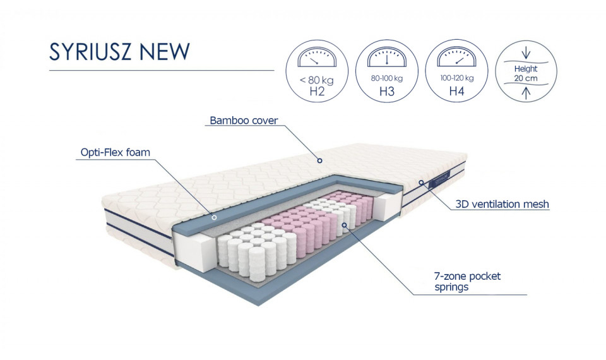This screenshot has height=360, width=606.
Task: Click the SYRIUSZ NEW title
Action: pyautogui.click(x=119, y=51)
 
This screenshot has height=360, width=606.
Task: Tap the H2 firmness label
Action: pyautogui.click(x=317, y=91)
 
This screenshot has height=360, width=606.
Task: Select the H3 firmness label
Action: pyautogui.click(x=387, y=91)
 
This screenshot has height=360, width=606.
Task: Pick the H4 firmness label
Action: pyautogui.click(x=456, y=91)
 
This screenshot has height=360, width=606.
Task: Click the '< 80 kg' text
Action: pyautogui.click(x=316, y=80)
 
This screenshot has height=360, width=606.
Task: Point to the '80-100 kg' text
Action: pyautogui.click(x=387, y=78)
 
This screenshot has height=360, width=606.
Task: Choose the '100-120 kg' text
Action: pyautogui.click(x=457, y=78)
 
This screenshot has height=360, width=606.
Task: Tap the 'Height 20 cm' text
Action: pyautogui.click(x=526, y=73)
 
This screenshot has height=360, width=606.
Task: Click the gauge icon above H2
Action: pyautogui.click(x=317, y=57)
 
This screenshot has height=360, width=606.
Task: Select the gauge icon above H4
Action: pyautogui.click(x=456, y=57)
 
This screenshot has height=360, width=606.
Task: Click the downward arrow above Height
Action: pyautogui.click(x=526, y=53)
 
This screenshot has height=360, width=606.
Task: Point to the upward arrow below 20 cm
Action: pyautogui.click(x=526, y=93)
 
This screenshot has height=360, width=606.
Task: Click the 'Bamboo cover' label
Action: pyautogui.click(x=244, y=120)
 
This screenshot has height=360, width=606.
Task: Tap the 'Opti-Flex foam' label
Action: pyautogui.click(x=115, y=152)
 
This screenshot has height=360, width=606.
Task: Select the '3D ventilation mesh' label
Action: pyautogui.click(x=502, y=204)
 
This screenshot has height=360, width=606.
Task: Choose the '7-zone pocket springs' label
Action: pyautogui.click(x=467, y=282)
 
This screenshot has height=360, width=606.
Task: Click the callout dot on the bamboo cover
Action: pyautogui.click(x=319, y=160)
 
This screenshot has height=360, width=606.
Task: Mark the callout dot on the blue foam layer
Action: pyautogui.click(x=214, y=217)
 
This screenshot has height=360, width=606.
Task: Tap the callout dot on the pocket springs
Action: pyautogui.click(x=344, y=225)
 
